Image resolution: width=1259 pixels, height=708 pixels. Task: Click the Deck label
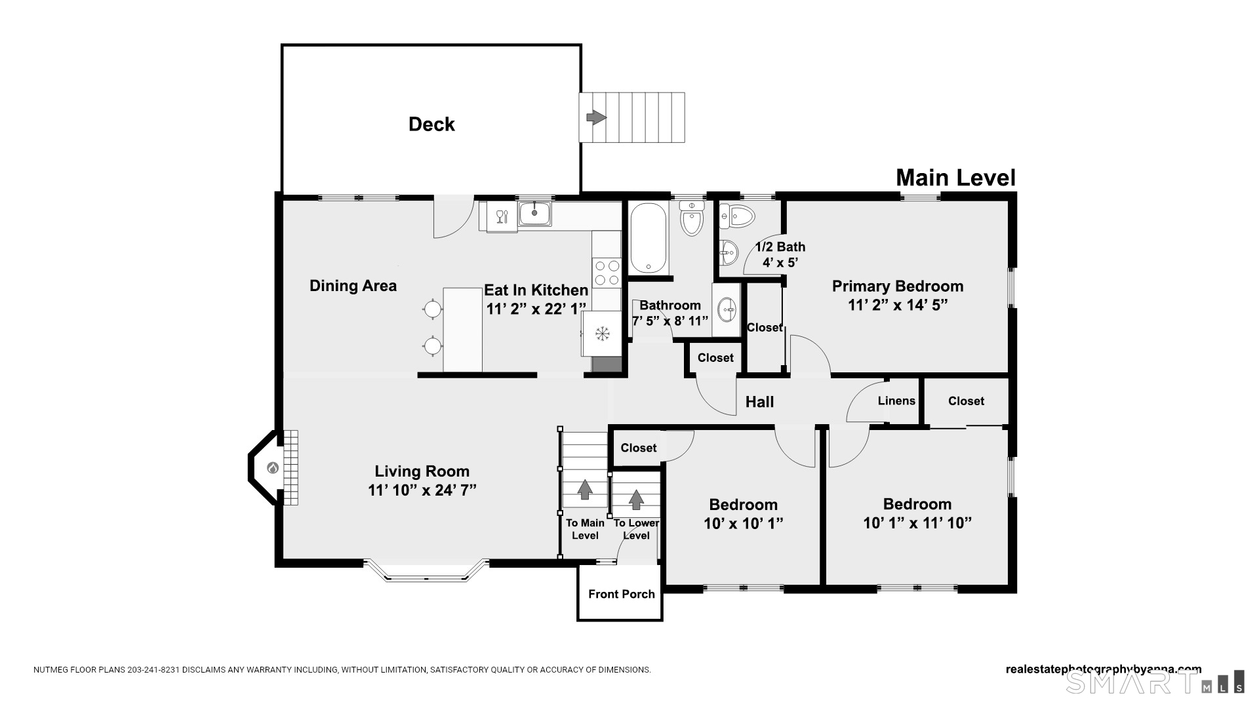click(x=431, y=124)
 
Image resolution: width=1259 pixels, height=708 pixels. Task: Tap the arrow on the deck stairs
click(x=596, y=117)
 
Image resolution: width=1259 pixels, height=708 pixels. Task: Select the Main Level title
click(x=955, y=178)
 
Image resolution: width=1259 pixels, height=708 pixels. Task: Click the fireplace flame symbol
click(x=273, y=468)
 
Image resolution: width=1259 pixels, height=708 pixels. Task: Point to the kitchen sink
click(x=535, y=214)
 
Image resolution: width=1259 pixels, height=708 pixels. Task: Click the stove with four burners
click(x=607, y=273)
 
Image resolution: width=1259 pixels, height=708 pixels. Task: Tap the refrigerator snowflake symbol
click(x=602, y=334)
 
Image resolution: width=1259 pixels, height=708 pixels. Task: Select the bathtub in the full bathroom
click(x=648, y=238)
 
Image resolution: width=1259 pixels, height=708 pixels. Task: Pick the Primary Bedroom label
click(x=898, y=286)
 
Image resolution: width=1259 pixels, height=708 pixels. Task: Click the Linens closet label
click(x=896, y=401)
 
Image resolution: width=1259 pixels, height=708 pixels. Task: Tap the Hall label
click(x=759, y=402)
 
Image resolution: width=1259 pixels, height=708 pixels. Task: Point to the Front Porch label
click(x=622, y=594)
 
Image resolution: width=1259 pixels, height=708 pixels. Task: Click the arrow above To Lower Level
click(x=636, y=500)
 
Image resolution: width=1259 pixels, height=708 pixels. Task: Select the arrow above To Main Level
click(x=584, y=489)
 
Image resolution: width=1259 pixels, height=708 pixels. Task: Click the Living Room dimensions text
click(x=422, y=490)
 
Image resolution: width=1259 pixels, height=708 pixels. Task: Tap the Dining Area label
click(x=353, y=286)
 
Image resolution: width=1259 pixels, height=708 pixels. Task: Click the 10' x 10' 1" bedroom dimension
click(x=744, y=523)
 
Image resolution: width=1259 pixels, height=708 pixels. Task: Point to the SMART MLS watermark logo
click(x=1155, y=682)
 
